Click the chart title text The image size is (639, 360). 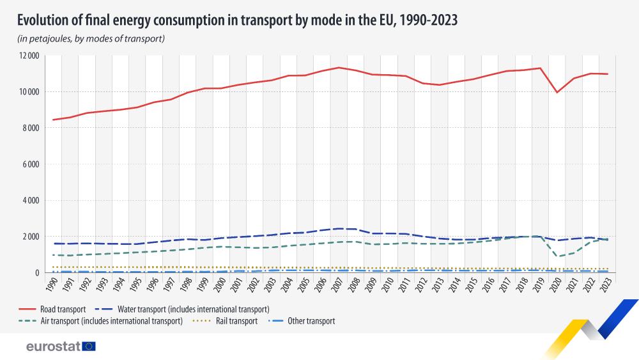coord(237,20)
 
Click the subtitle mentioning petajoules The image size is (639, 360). coord(91,38)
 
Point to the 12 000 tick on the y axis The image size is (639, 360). coord(29,56)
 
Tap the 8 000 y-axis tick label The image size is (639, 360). coord(31,128)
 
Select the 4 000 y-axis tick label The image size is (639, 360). coord(31,200)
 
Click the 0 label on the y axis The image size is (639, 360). coord(38,272)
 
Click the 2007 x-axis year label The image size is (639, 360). coord(339,285)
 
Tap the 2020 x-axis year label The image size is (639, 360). coord(558,285)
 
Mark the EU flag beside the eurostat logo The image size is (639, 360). coord(89,346)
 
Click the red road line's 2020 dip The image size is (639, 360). coord(558,92)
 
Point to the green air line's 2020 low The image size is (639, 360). coord(558,256)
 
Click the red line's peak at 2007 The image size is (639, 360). coord(339,67)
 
